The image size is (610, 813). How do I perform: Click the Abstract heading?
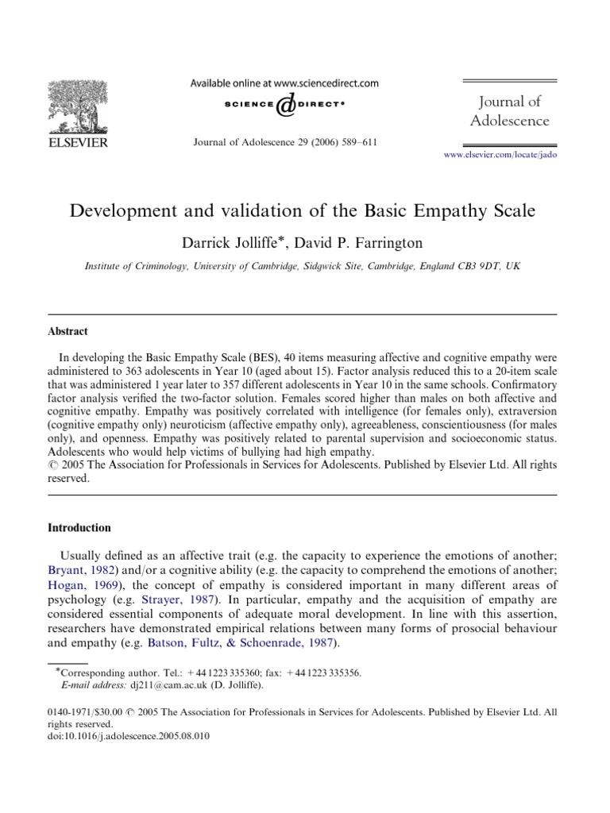coord(68,331)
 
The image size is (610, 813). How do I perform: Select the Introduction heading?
coord(79,528)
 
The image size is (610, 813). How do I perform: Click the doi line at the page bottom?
coord(129,734)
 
